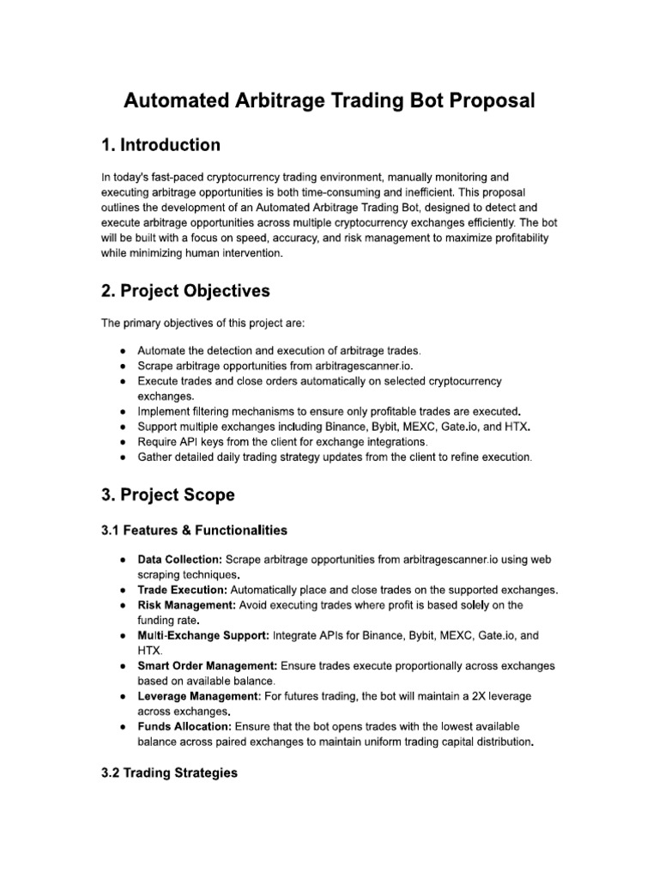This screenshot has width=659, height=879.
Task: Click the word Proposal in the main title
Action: tap(484, 100)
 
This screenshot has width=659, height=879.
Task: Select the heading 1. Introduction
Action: tap(160, 144)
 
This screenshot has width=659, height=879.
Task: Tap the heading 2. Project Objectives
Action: tap(185, 291)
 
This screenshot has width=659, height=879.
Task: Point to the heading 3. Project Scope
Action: tap(167, 495)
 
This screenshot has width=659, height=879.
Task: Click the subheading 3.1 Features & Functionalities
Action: tap(194, 530)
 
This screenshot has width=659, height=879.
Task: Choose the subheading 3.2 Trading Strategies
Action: tap(169, 773)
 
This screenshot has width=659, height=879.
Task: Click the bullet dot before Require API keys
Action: tap(125, 442)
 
